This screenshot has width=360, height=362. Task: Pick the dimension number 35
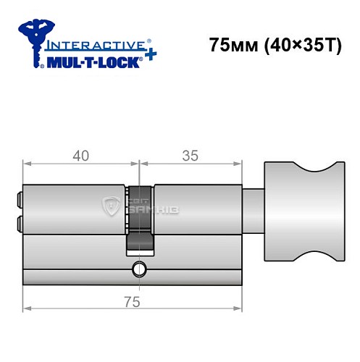[190, 155]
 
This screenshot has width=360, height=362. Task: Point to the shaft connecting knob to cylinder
[253, 210]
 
